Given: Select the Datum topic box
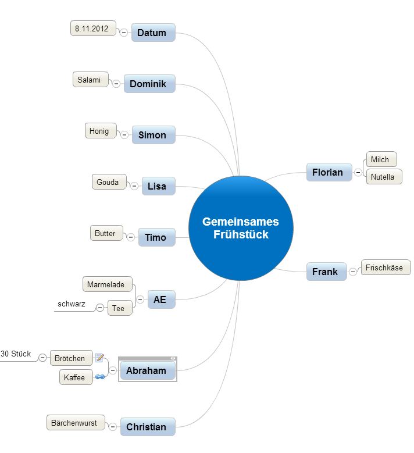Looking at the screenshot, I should [152, 33].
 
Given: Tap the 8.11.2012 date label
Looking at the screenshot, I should [92, 28].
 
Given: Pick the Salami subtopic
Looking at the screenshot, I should [90, 80].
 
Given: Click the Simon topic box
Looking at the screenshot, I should [153, 135].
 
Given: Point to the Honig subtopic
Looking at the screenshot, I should [99, 131].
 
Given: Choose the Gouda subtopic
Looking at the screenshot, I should [108, 182].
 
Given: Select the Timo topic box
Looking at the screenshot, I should [156, 237].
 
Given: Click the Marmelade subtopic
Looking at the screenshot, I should [106, 284].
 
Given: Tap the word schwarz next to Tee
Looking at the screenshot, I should [71, 304].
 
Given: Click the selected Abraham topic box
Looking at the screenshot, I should [147, 370].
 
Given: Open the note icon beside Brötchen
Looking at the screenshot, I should [99, 358].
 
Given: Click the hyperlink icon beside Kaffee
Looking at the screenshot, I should [99, 377].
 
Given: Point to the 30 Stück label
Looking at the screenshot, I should [16, 354].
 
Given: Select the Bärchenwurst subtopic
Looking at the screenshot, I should [74, 423].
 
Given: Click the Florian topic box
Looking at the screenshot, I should [328, 172].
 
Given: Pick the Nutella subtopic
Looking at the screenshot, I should [383, 177].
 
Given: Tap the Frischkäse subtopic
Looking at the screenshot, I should [385, 267].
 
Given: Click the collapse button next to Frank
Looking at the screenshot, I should [352, 272].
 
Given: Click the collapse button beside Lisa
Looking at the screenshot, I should [134, 186].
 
